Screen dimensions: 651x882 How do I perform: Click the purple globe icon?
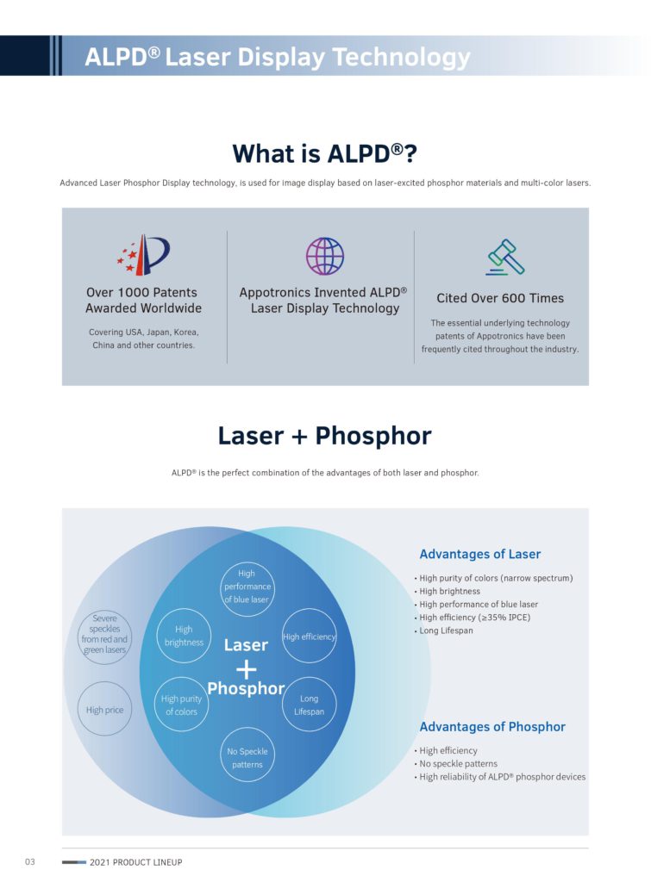[x=324, y=256]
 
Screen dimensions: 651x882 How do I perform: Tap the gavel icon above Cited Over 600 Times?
[x=505, y=257]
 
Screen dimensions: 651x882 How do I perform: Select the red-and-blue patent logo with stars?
[x=144, y=254]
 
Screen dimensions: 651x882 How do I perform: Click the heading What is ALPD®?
[x=325, y=153]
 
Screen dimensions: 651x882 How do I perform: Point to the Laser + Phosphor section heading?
[x=325, y=436]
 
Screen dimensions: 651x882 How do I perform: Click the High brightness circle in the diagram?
[x=184, y=636]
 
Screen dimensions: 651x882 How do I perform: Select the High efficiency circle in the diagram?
[x=310, y=637]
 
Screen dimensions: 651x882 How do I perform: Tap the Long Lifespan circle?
[x=310, y=705]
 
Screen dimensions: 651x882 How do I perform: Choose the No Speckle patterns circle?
[x=247, y=757]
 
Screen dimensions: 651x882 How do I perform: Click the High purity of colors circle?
[x=181, y=705]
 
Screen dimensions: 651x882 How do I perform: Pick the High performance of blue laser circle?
[x=247, y=586]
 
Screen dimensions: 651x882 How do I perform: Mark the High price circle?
[x=104, y=709]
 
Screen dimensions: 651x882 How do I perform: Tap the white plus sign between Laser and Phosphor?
[x=246, y=668]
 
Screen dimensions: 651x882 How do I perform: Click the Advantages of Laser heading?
[x=479, y=554]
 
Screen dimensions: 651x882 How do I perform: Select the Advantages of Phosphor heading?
[x=492, y=727]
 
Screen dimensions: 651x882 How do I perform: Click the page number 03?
[x=30, y=861]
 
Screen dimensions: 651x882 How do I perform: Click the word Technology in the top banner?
[x=401, y=58]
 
